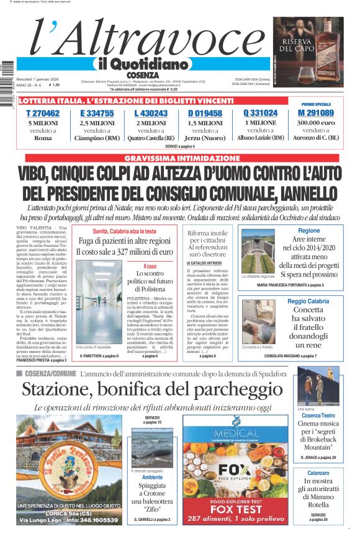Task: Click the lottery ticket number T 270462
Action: (x=43, y=113)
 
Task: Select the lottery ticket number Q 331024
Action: (x=260, y=113)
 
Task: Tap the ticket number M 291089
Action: (x=315, y=113)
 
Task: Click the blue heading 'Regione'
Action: (x=308, y=231)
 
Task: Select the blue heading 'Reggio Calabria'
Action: (x=308, y=301)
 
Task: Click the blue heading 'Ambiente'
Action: (x=152, y=478)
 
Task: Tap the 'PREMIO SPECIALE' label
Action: (x=316, y=104)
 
